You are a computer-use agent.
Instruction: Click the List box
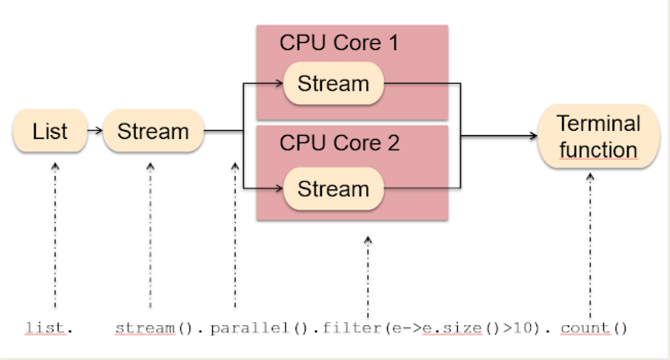[x=50, y=132]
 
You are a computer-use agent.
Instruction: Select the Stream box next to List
[x=153, y=132]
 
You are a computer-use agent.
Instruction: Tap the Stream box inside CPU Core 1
[x=333, y=84]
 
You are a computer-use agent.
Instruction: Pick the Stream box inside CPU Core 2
[x=333, y=189]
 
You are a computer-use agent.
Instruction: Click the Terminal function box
[x=598, y=137]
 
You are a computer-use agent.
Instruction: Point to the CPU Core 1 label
[x=339, y=44]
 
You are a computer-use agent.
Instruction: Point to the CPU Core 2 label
[x=339, y=143]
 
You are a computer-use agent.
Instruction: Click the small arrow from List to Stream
[x=95, y=131]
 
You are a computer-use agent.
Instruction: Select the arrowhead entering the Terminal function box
[x=533, y=136]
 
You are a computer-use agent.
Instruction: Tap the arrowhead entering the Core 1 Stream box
[x=280, y=84]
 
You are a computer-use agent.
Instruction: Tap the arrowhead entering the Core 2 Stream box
[x=280, y=189]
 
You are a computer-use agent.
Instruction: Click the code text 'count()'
[x=594, y=328]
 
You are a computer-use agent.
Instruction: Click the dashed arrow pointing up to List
[x=55, y=234]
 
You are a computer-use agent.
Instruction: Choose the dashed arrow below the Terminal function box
[x=590, y=246]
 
